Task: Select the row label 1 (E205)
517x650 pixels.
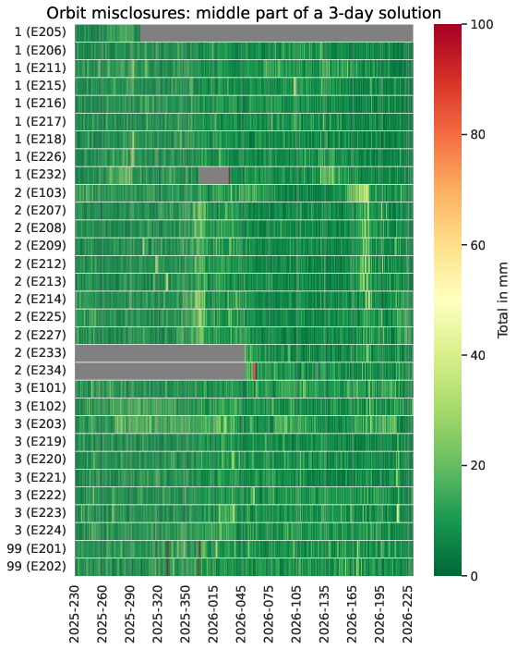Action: (x=40, y=32)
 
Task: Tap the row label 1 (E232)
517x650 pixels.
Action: (x=40, y=175)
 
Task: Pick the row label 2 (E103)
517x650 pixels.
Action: (x=40, y=192)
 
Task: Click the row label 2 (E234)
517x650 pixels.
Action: (x=40, y=370)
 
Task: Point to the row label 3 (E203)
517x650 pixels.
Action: (x=40, y=423)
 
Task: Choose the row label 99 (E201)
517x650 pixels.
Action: (x=36, y=548)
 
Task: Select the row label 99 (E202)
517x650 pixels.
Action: (x=36, y=566)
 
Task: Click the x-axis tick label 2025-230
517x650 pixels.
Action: (x=74, y=614)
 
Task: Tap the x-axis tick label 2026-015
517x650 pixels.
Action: (x=212, y=614)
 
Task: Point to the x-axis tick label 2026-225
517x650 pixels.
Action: (x=407, y=614)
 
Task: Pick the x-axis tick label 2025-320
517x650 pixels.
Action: (x=157, y=614)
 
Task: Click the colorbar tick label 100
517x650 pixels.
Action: (x=482, y=24)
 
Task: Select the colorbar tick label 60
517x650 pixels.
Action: (x=478, y=245)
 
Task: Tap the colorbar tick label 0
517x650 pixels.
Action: (x=475, y=576)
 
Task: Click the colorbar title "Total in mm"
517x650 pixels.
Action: (x=502, y=300)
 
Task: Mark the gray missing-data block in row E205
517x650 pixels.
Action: (x=277, y=32)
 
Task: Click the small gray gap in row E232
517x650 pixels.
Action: (x=214, y=175)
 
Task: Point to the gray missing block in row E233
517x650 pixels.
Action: (x=160, y=353)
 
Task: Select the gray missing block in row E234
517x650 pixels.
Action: (x=161, y=371)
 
